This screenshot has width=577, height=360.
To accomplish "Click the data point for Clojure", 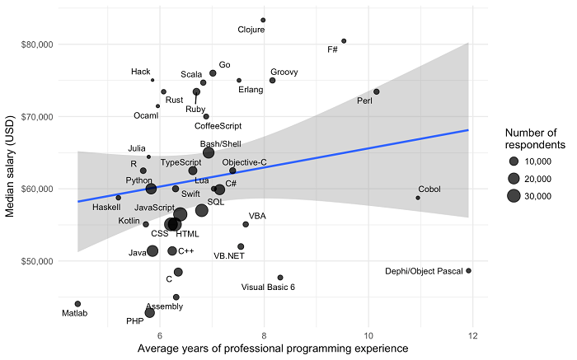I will click(263, 20).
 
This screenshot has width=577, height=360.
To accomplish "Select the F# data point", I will click(344, 41).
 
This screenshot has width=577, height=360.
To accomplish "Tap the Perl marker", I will click(377, 91).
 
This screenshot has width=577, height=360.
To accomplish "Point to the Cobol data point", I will click(418, 198).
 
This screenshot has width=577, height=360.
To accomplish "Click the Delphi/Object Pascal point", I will click(469, 270).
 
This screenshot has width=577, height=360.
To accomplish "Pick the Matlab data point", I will click(77, 304).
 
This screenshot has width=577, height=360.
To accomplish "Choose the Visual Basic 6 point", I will click(280, 278).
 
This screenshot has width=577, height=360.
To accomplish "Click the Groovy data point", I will click(272, 80).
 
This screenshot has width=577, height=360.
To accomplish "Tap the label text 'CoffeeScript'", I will click(218, 126).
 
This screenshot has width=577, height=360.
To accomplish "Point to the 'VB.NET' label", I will click(230, 256).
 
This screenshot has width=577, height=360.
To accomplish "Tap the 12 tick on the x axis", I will click(473, 335).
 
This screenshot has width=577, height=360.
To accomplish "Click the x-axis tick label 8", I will click(264, 335).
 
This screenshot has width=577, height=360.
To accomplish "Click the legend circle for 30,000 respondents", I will click(514, 195).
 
